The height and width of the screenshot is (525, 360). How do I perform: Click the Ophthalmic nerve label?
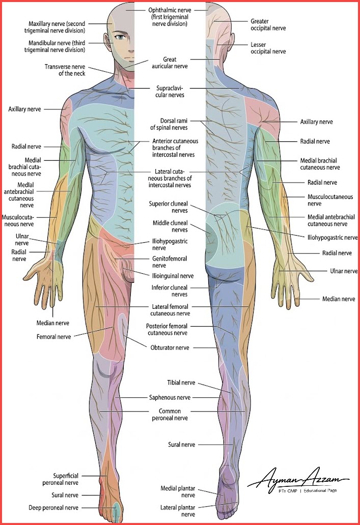click(170, 17)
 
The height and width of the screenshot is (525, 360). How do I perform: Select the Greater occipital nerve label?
click(268, 25)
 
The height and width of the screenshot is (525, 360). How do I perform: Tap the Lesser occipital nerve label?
click(268, 48)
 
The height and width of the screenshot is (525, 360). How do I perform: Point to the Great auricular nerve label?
click(170, 63)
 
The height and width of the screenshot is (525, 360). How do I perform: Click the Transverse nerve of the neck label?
click(65, 70)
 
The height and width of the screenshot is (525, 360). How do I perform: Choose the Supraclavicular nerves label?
click(170, 92)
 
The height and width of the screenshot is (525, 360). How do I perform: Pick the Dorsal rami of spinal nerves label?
click(169, 124)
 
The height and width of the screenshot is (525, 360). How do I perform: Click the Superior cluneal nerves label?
click(168, 207)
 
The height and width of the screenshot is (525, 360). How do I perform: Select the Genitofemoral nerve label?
click(169, 262)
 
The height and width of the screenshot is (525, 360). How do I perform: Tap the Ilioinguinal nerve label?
click(172, 276)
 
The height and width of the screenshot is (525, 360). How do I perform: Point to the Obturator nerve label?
click(170, 347)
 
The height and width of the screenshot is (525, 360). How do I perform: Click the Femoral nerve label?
click(53, 336)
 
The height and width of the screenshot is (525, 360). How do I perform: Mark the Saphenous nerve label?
click(170, 397)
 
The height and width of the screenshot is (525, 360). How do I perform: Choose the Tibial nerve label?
click(181, 383)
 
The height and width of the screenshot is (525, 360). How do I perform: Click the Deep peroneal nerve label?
click(53, 508)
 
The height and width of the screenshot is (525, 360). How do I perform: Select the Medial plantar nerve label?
click(178, 491)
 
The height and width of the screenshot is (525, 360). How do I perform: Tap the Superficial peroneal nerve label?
click(60, 479)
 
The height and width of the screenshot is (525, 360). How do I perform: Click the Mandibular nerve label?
click(54, 46)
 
